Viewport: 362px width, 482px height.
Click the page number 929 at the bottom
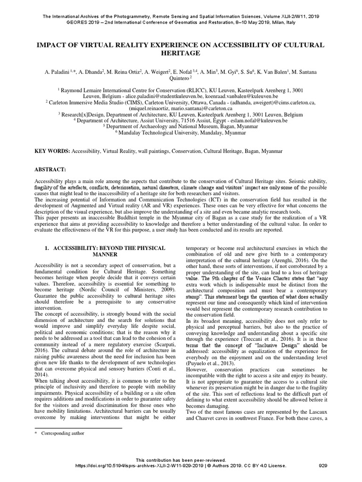[323, 466]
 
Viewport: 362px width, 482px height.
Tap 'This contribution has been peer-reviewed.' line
[181, 459]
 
